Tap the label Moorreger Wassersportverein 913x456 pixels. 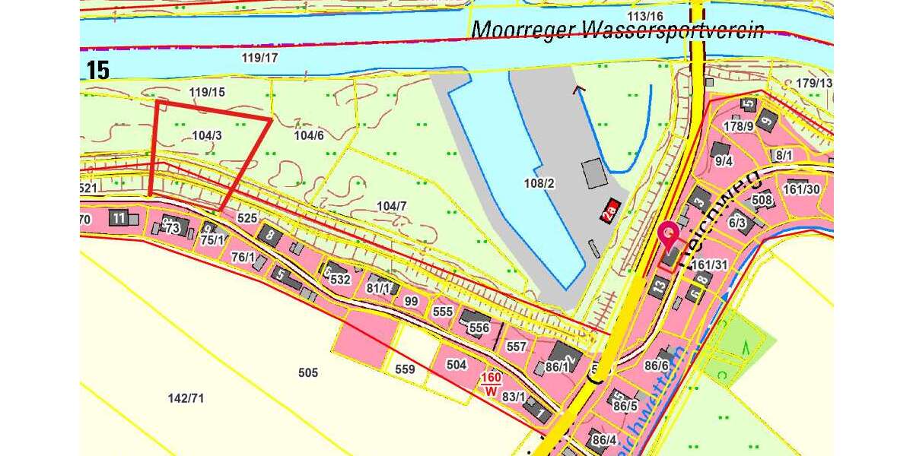pos(617,30)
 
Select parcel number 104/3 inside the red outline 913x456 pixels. pos(207,135)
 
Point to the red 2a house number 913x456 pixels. pos(609,212)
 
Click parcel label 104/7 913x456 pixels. pos(392,206)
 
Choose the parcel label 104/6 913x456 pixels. pos(309,135)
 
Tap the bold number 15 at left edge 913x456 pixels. pos(98,71)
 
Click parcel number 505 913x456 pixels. pos(308,372)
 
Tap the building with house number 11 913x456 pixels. pos(118,218)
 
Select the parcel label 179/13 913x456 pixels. pos(815,83)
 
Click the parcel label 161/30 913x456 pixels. pos(802,189)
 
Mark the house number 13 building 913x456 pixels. pos(659,287)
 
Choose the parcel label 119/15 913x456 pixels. pos(208,93)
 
